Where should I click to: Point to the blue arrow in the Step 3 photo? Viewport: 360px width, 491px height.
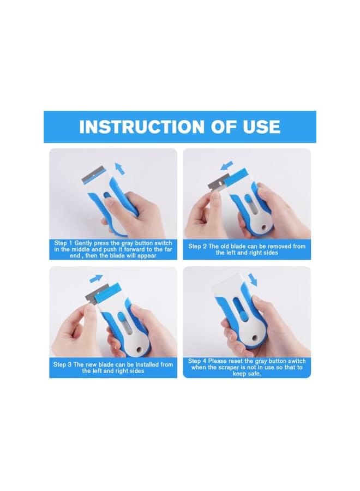coord(97,279)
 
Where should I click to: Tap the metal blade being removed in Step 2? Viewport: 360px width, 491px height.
coord(215,183)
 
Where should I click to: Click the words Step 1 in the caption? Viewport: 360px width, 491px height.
coord(63,243)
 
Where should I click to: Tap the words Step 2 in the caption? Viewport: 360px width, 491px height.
coord(198,246)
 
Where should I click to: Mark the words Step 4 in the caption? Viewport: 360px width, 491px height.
coord(197,361)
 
